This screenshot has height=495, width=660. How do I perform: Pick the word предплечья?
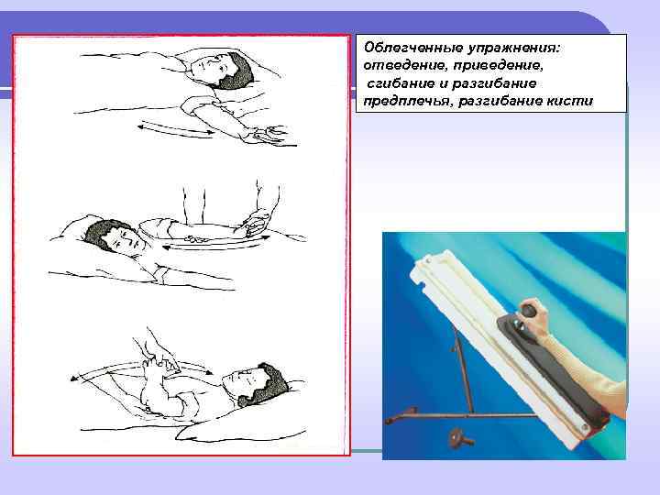[x=404, y=102]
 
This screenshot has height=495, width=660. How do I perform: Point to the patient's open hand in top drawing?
[x=267, y=137]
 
